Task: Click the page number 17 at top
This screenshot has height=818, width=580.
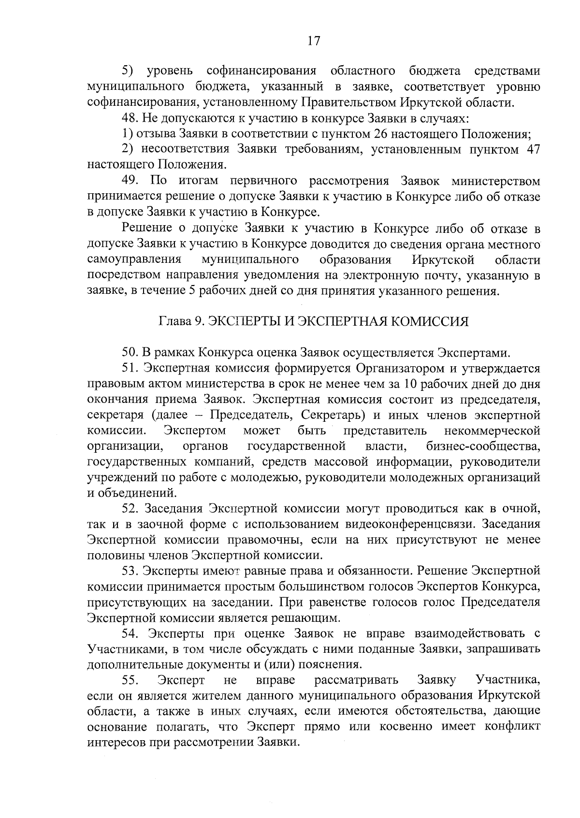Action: point(314,41)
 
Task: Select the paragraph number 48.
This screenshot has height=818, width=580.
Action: point(129,118)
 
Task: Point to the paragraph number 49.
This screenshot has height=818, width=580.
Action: point(130,181)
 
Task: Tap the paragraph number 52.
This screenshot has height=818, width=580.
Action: point(130,508)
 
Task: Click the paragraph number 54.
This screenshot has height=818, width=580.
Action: point(130,633)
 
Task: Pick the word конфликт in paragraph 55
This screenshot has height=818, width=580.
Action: point(515,727)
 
